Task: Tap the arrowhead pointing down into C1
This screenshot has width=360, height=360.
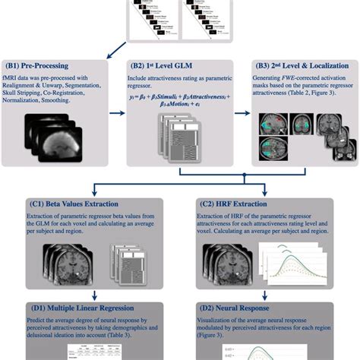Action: pyautogui.click(x=93, y=193)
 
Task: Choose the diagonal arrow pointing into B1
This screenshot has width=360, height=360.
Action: pyautogui.click(x=106, y=49)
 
